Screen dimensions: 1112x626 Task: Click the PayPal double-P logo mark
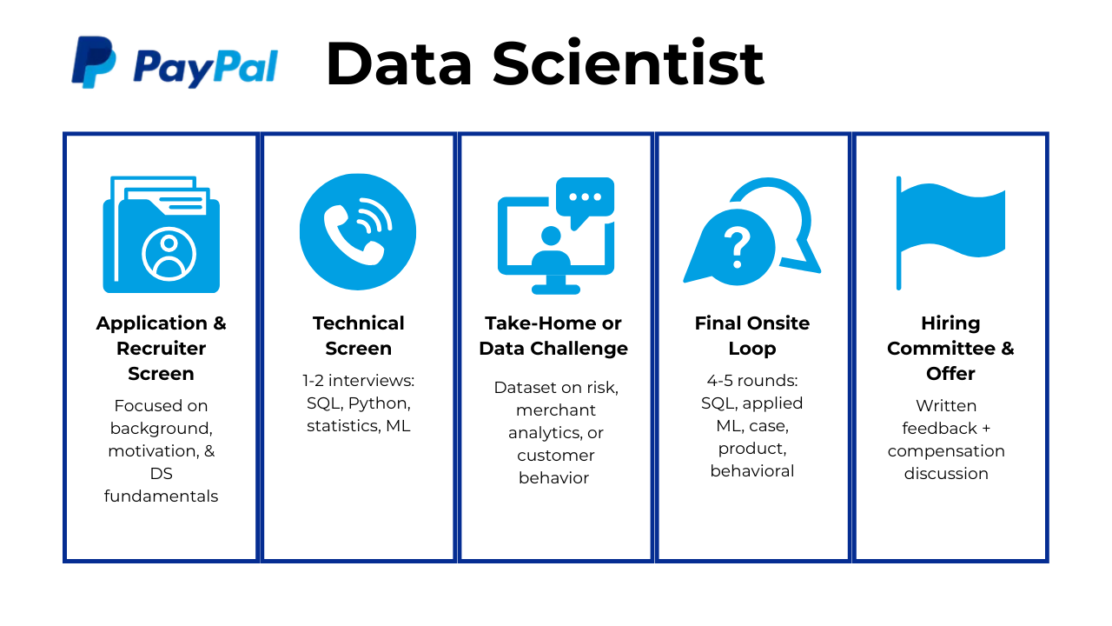(94, 62)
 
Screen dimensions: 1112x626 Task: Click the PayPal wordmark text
(206, 68)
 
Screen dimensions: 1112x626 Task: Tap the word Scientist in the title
(628, 63)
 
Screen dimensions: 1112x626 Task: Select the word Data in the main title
(399, 63)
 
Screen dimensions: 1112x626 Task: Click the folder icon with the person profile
(162, 234)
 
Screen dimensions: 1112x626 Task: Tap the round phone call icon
(358, 231)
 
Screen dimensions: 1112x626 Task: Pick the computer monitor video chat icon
(555, 236)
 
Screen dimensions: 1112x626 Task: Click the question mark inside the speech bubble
(738, 248)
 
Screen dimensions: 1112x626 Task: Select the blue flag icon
(950, 232)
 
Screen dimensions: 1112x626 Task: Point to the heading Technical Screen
(359, 336)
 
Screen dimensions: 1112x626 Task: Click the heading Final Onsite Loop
(752, 336)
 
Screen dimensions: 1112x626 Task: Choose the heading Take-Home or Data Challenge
(553, 336)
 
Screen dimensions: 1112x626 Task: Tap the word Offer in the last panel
(950, 374)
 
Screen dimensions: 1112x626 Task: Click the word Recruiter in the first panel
(162, 349)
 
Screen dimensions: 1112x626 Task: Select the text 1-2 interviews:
(359, 381)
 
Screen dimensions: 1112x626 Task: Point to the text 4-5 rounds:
(752, 381)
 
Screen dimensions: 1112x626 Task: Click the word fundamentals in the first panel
(162, 496)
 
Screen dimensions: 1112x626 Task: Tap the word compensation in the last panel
(946, 451)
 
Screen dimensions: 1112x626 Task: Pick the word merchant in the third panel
(555, 410)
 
